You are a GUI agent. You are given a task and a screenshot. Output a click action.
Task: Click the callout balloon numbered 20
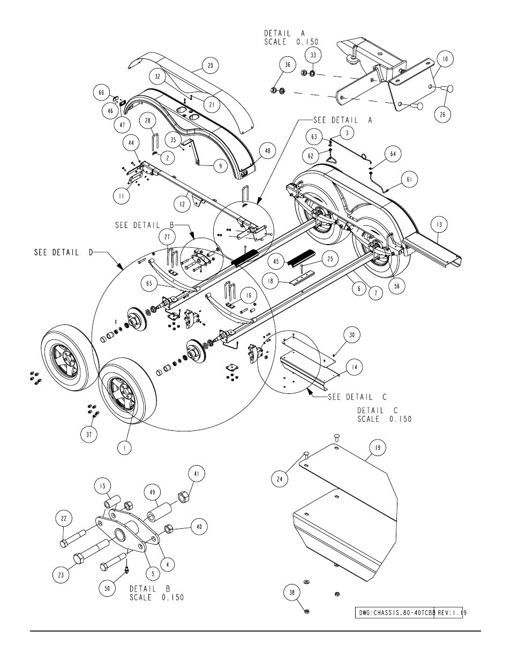click(x=211, y=65)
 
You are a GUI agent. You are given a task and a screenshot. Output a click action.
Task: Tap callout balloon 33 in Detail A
click(x=313, y=55)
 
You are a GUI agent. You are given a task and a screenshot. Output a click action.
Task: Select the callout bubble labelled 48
click(x=267, y=151)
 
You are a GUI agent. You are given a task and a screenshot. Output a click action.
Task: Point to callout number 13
click(x=439, y=224)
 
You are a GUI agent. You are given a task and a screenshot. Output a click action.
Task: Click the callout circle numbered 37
click(x=89, y=435)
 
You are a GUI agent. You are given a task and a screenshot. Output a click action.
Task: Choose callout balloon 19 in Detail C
click(x=378, y=448)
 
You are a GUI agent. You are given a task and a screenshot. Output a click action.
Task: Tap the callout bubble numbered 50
click(x=107, y=588)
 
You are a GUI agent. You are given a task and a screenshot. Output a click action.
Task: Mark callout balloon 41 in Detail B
click(x=197, y=474)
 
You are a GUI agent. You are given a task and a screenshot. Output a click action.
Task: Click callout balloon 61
click(x=409, y=179)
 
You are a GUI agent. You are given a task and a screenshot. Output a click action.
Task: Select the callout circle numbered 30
click(x=352, y=335)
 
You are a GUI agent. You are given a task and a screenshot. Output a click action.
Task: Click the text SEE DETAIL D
click(x=64, y=253)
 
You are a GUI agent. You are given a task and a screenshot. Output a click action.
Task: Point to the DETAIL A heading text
click(x=284, y=33)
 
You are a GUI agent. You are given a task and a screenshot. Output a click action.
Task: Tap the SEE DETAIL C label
click(x=357, y=397)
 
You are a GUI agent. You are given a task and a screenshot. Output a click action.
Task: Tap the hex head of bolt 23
click(x=79, y=558)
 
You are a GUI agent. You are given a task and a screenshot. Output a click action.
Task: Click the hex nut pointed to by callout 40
click(x=169, y=529)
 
